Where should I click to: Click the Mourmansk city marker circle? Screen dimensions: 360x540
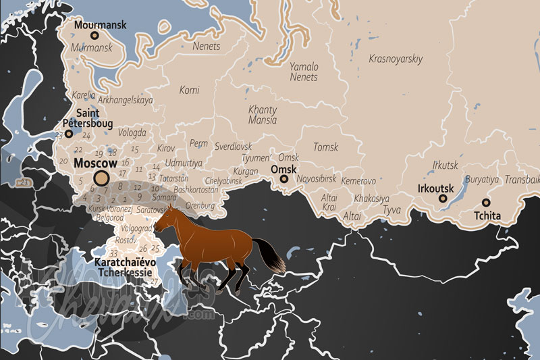[94, 35]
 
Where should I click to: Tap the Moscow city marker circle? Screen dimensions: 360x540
[101, 178]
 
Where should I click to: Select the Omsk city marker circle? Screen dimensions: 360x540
[284, 179]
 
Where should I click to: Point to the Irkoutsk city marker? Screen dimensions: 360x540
[443, 199]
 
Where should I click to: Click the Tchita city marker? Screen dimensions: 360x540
[486, 203]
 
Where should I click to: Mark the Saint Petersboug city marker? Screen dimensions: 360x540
[69, 134]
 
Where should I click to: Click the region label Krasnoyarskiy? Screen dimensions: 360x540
[396, 59]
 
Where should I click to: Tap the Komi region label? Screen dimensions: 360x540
[190, 90]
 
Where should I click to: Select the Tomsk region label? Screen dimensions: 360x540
[326, 147]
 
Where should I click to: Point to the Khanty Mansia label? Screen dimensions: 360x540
[263, 115]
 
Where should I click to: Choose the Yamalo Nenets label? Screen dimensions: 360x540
[304, 72]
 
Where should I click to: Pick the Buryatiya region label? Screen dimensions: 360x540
[482, 180]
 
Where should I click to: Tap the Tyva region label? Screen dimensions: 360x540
[391, 210]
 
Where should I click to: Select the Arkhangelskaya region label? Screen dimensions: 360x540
[126, 100]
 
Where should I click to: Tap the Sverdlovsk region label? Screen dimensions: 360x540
[233, 146]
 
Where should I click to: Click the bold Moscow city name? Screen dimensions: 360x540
[95, 163]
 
